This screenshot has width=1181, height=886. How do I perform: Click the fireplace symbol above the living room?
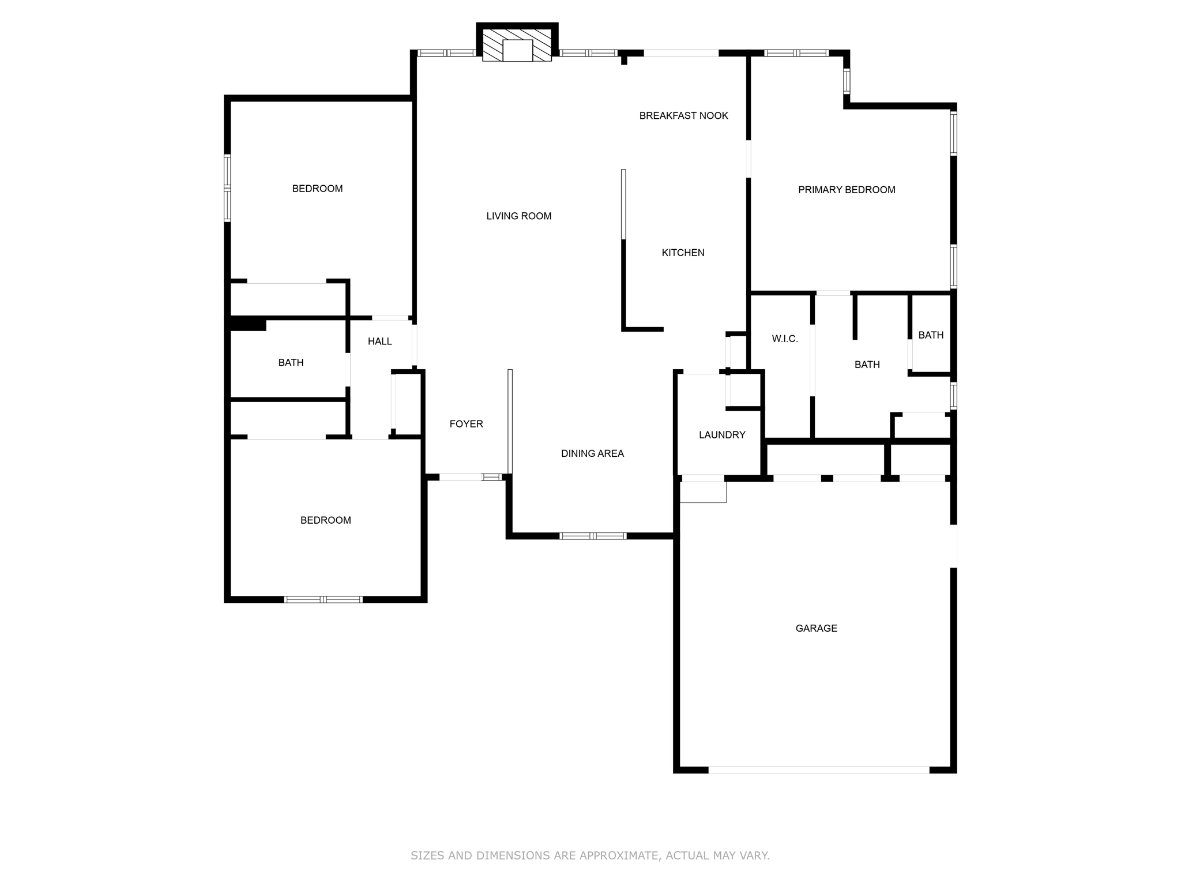[x=517, y=46]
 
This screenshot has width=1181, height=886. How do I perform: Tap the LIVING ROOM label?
[x=518, y=216]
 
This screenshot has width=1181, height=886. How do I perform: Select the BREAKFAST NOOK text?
[x=683, y=116]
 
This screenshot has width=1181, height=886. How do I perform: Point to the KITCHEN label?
[x=683, y=253]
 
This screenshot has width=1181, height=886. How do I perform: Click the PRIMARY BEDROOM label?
[x=846, y=190]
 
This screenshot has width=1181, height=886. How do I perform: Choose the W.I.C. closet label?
[x=784, y=339]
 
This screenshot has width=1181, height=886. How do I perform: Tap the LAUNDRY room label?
[x=722, y=435]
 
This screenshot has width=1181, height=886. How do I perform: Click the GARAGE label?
[x=816, y=628]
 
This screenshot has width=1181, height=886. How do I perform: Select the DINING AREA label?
[x=592, y=453]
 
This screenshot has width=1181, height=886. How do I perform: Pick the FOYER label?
[x=466, y=424]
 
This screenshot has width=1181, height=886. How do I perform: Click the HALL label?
[x=379, y=341]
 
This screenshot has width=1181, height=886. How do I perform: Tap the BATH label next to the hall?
[x=291, y=363]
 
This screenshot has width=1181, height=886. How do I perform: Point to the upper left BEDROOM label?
[x=317, y=189]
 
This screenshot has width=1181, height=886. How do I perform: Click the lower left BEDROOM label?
[x=325, y=520]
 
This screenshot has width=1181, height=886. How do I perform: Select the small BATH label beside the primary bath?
[x=931, y=335]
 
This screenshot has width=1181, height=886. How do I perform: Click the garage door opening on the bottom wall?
[x=818, y=769]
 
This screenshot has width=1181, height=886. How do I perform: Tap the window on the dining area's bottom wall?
[x=593, y=536]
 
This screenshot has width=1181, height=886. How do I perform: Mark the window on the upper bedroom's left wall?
[x=227, y=188]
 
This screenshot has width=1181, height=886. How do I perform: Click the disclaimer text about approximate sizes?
[x=590, y=855]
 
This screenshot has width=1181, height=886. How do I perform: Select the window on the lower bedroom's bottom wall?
[x=323, y=599]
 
